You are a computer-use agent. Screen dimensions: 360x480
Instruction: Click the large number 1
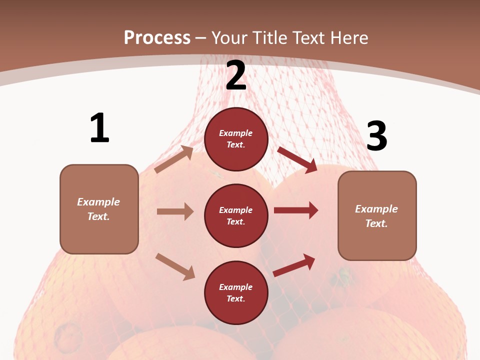coord(99,128)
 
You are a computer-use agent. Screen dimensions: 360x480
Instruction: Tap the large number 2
coord(236,75)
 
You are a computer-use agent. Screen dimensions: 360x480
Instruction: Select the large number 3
coord(376,136)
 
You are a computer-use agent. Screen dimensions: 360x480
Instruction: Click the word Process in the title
coord(157,37)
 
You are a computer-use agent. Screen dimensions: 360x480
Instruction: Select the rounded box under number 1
coord(99,209)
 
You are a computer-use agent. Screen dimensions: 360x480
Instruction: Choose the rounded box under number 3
coord(377,215)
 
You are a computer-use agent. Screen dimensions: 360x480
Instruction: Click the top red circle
coord(236,138)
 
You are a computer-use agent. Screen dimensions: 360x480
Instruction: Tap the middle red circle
coord(236,215)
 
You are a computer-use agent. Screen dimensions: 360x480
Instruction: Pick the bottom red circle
coord(236,292)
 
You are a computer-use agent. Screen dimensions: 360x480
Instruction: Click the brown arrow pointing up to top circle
coord(174,159)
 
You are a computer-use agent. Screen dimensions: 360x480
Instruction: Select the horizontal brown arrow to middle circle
coord(175,211)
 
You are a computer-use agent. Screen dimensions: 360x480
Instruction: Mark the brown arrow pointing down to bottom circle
coord(175,266)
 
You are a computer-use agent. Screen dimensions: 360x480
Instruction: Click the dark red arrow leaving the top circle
coord(297,160)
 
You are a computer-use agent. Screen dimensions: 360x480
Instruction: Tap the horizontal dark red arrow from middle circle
coord(296,210)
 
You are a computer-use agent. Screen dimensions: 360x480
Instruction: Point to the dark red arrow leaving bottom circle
coord(294,265)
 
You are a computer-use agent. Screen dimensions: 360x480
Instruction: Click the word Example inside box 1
coord(98,202)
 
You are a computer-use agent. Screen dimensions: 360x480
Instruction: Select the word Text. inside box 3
coord(376,223)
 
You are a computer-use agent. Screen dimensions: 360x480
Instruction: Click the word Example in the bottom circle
coord(236,287)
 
